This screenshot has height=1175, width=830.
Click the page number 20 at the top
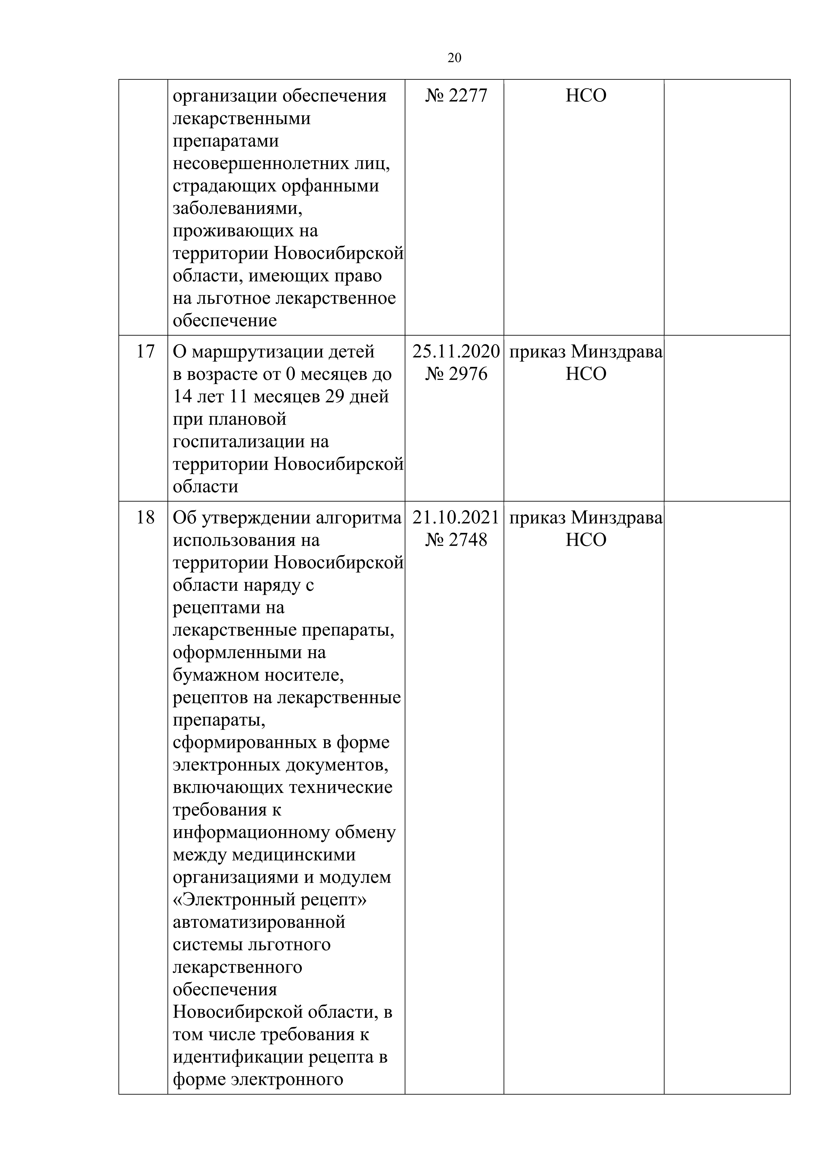[x=454, y=58]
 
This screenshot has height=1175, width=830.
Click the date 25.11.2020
[x=456, y=352]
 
